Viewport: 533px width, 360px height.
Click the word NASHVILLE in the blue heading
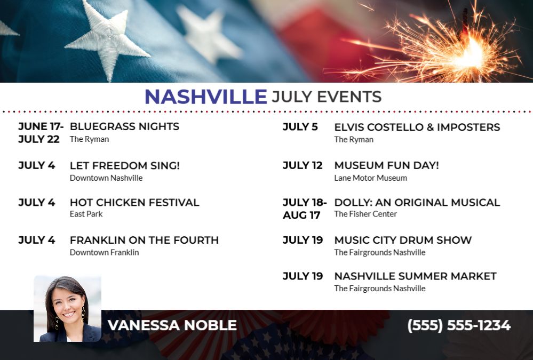(x=205, y=97)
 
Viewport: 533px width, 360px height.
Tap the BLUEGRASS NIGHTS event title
(x=124, y=126)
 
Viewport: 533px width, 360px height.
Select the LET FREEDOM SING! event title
(x=125, y=165)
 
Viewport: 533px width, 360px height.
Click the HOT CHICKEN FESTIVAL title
(x=134, y=202)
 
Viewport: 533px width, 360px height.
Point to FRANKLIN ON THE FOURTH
(x=144, y=240)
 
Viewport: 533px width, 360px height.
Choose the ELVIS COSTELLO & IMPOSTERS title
(x=417, y=127)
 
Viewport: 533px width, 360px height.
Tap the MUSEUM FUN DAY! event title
(x=386, y=165)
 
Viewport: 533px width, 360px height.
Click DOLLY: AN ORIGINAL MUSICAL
(x=417, y=202)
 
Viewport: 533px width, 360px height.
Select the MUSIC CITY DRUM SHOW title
(x=403, y=240)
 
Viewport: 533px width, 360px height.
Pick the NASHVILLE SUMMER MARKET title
(x=416, y=276)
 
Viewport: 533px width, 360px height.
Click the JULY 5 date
(x=300, y=127)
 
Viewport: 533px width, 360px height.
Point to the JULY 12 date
(x=303, y=165)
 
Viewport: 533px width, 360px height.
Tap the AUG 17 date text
(x=301, y=215)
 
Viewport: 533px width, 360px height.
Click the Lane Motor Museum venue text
(x=370, y=178)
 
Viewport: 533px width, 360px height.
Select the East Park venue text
(x=86, y=214)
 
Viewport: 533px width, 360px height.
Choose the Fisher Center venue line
(x=365, y=214)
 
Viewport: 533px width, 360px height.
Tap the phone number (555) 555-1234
(x=459, y=325)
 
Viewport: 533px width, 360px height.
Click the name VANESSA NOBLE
(x=172, y=325)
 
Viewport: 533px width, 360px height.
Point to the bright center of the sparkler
(x=471, y=54)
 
